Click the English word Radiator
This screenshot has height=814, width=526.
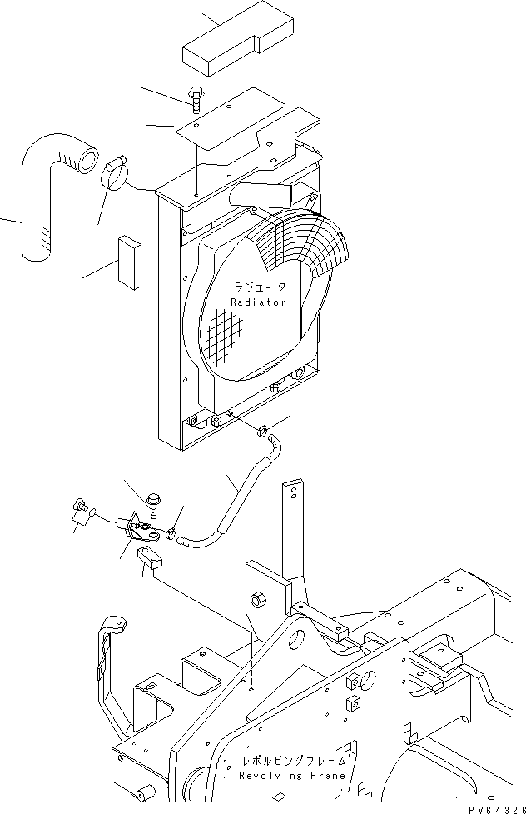click(x=258, y=302)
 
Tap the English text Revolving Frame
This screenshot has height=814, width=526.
click(x=292, y=776)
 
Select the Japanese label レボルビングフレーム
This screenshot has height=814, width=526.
click(x=294, y=761)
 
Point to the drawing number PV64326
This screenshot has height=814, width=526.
click(x=498, y=809)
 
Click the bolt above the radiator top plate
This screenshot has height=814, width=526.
click(x=196, y=100)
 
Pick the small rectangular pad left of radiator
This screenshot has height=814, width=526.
click(x=130, y=262)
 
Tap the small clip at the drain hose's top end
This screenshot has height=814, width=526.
click(x=262, y=430)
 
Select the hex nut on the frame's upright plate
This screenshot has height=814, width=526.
click(x=258, y=601)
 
